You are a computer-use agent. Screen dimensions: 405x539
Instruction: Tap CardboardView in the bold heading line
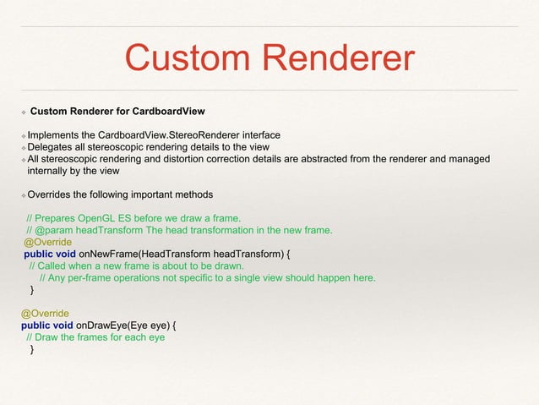[166, 110]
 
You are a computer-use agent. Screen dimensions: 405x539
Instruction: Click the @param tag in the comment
[52, 229]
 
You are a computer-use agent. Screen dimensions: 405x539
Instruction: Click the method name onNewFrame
[107, 253]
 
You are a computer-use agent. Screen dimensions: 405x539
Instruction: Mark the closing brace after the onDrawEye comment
[32, 349]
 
